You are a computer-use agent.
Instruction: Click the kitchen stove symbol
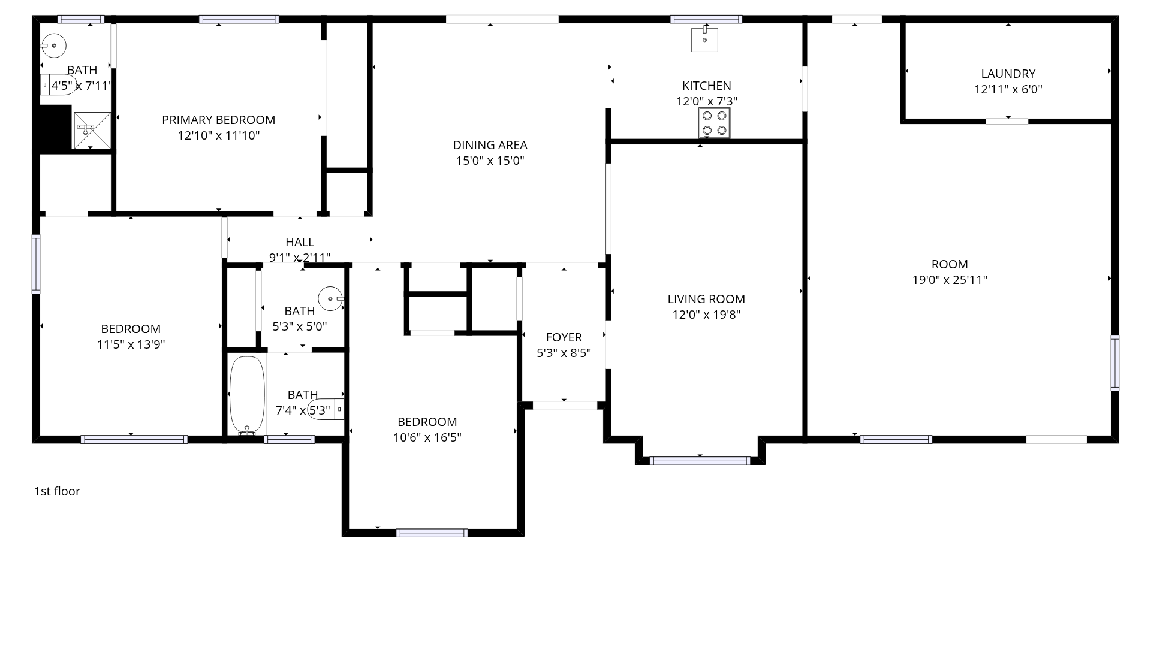point(714,123)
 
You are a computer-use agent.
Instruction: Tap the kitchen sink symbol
point(704,39)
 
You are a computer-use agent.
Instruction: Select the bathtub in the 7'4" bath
point(247,395)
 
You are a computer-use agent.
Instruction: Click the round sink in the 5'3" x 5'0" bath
point(330,298)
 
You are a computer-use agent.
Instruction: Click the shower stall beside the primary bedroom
point(92,129)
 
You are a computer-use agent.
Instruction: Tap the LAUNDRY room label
point(1008,74)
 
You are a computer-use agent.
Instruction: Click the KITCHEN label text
point(707,86)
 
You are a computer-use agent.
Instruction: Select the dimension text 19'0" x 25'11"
point(950,280)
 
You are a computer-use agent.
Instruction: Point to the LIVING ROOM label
point(706,299)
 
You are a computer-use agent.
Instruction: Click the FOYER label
point(564,337)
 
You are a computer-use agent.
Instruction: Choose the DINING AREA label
point(490,145)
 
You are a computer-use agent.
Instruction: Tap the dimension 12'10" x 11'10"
point(219,135)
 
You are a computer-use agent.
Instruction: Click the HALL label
point(300,242)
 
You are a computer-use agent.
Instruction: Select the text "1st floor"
point(57,491)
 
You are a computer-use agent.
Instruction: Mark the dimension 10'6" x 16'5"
point(427,437)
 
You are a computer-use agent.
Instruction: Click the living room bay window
point(700,461)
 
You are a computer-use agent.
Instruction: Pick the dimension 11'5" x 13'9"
point(131,344)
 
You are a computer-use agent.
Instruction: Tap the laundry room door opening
point(1007,121)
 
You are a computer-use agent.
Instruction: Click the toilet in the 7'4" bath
point(326,409)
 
